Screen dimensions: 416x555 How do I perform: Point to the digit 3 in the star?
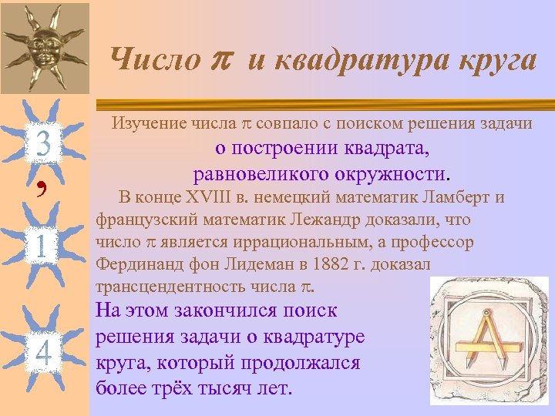tap(44, 144)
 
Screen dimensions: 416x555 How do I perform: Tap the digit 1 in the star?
tap(43, 247)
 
